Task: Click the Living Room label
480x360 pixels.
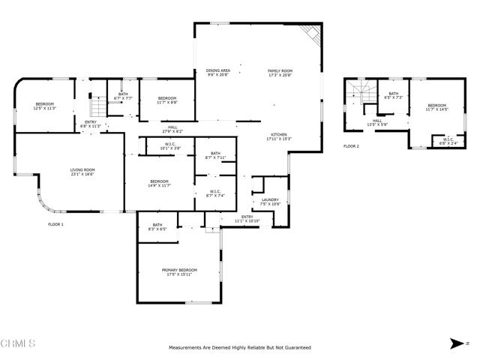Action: click(x=82, y=172)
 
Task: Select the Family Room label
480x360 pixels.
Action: click(x=280, y=73)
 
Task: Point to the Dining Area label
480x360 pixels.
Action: click(x=220, y=73)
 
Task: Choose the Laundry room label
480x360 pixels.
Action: click(x=269, y=202)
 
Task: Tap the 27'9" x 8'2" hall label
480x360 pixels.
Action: click(x=172, y=130)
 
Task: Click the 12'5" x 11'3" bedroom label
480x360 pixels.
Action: click(x=45, y=106)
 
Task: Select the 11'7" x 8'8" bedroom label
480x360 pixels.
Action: click(x=167, y=100)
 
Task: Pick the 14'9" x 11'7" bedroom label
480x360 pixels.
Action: click(x=159, y=184)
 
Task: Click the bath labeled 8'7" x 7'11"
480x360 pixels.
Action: click(x=215, y=155)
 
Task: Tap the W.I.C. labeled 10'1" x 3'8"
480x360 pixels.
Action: click(x=170, y=147)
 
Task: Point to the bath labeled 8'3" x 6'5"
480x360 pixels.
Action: click(x=157, y=227)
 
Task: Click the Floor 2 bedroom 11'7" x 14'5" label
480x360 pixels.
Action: click(x=436, y=107)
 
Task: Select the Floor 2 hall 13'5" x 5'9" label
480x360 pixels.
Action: click(x=377, y=122)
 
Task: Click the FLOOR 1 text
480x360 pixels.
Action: click(x=56, y=224)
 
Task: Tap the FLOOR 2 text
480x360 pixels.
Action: click(x=352, y=146)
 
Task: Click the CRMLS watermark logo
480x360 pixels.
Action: click(x=18, y=344)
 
